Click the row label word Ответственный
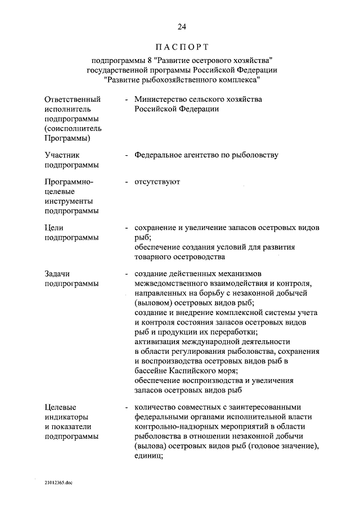[68, 99]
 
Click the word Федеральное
[160, 155]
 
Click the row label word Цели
[54, 228]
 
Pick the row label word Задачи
[57, 273]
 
